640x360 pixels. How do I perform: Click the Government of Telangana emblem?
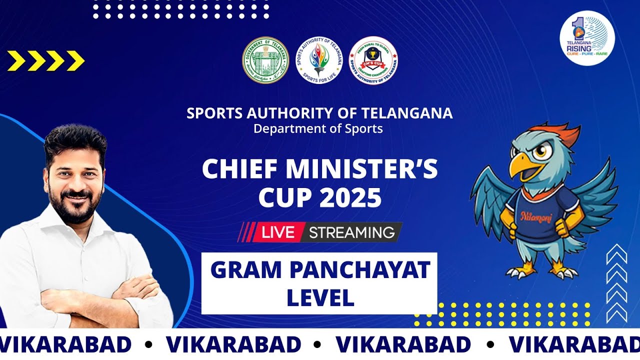coord(265,60)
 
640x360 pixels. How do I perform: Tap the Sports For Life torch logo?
coord(319,60)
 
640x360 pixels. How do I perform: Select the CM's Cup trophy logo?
coord(373,60)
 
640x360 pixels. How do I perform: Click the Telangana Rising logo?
coord(587,38)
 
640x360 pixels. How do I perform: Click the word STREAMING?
coord(351,232)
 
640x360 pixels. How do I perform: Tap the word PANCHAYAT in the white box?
coord(360,270)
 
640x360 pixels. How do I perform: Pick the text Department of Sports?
coord(318,128)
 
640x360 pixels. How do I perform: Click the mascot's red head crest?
coord(562,134)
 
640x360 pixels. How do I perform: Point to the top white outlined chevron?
coord(616,253)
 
